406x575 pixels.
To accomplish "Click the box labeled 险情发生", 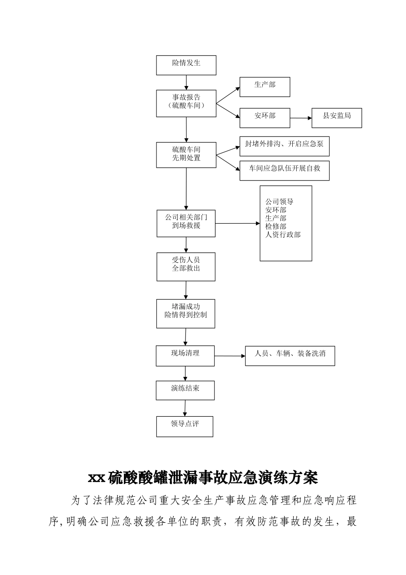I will [186, 65].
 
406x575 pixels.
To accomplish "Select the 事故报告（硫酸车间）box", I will [186, 103].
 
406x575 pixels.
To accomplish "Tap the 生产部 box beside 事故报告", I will [265, 87].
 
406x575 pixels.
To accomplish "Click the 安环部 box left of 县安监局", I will [265, 118].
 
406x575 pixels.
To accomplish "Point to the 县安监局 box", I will [336, 118].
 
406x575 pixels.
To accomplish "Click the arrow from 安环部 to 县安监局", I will [300, 118].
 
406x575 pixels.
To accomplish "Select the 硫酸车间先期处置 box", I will [186, 154].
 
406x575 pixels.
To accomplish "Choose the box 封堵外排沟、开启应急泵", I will [284, 146].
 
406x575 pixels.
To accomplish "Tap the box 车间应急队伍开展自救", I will [284, 170].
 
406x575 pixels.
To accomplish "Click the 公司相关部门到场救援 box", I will [186, 223].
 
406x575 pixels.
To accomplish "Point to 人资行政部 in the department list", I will [282, 234].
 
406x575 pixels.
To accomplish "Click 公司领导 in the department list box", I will [279, 202].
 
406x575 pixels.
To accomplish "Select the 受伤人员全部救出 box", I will [186, 266].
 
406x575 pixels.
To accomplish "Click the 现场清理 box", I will [185, 356].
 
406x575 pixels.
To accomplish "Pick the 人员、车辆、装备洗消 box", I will [290, 356].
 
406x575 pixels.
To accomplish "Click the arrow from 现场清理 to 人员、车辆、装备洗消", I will [229, 356].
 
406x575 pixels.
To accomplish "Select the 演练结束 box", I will [185, 390].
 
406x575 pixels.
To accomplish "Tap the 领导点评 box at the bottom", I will [185, 426].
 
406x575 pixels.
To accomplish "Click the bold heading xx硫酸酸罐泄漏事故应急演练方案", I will [203, 477].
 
